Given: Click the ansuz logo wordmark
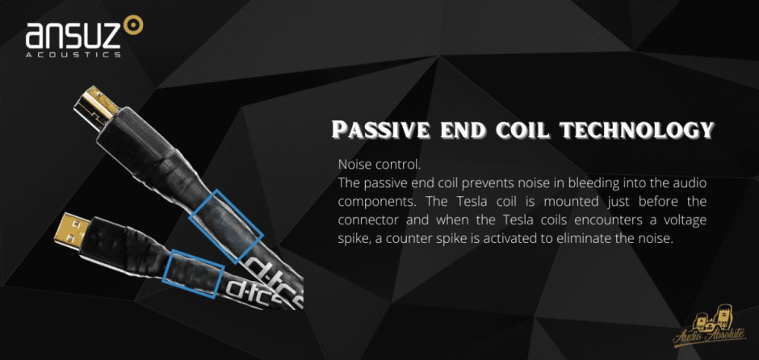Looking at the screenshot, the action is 73,37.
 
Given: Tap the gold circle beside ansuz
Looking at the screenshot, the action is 133,25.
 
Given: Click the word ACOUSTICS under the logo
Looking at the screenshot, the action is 73,55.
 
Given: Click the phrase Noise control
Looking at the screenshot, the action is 379,165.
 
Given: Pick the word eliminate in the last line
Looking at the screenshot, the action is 582,239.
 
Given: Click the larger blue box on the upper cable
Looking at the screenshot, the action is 225,227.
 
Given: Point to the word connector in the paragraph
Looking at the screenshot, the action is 372,220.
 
